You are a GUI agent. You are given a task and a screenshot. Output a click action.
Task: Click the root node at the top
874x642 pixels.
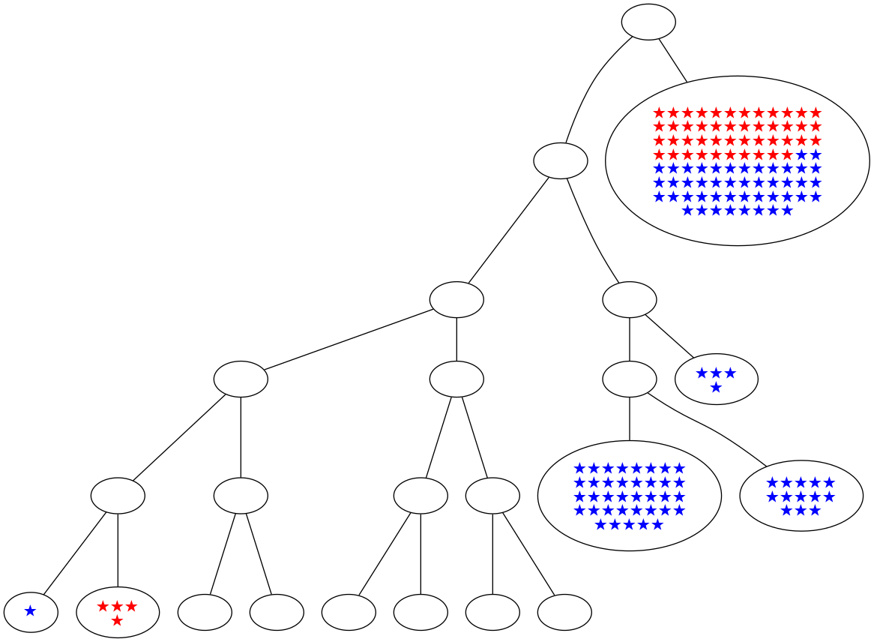pos(648,22)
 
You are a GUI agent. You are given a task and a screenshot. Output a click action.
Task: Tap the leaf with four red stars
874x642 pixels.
pos(118,612)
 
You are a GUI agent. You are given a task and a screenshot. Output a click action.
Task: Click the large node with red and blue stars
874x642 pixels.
pos(737,160)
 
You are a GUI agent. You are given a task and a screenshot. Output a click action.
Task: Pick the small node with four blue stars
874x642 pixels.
pos(716,379)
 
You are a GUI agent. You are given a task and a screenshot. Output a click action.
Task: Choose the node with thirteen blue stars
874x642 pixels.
pos(801,496)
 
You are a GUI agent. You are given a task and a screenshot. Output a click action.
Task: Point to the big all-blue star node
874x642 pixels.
pos(629,496)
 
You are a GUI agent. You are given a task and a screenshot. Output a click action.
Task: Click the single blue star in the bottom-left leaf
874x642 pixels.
pos(30,611)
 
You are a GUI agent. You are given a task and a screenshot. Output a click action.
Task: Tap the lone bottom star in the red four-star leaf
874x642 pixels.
pos(117,621)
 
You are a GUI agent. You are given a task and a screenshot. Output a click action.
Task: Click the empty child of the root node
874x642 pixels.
pos(560,160)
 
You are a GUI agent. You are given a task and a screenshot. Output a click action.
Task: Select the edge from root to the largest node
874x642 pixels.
pos(672,59)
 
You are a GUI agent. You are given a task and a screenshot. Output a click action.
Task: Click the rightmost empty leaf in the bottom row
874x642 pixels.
pos(564,612)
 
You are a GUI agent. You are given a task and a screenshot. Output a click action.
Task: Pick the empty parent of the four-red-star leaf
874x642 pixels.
pos(118,496)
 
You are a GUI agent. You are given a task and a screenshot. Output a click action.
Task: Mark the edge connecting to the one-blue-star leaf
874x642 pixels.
pos(75,550)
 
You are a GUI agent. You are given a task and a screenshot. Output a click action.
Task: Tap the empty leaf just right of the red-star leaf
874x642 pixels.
pos(205,612)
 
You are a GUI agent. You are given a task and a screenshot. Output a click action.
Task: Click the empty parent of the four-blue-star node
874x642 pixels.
pos(630,299)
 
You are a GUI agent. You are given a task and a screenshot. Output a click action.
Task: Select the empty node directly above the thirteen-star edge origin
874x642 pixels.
pos(630,299)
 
